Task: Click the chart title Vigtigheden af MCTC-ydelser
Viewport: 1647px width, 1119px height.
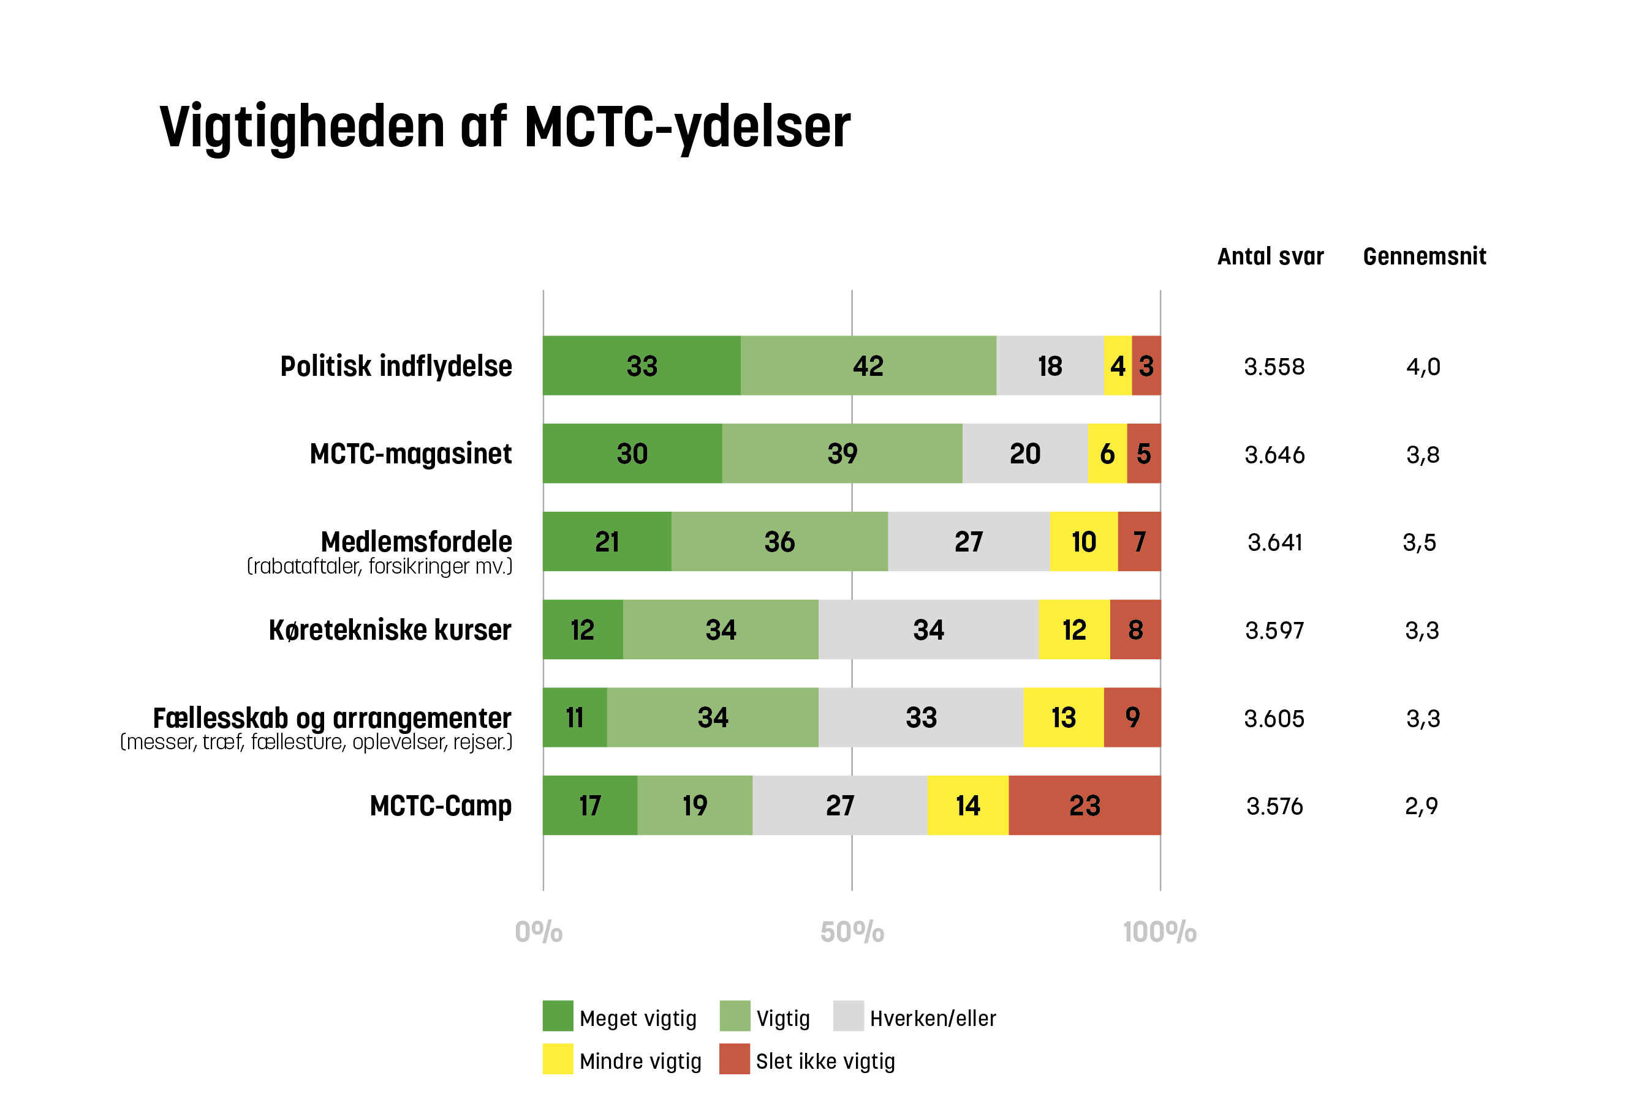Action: click(x=505, y=127)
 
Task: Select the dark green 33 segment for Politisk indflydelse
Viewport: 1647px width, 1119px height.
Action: click(x=642, y=366)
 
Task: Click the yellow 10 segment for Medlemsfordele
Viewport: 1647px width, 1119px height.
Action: click(x=1083, y=542)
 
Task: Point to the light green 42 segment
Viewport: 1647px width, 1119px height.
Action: click(x=868, y=366)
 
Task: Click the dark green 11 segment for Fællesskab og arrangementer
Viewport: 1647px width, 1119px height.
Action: click(x=575, y=718)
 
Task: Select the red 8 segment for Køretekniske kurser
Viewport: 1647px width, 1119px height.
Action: click(x=1135, y=630)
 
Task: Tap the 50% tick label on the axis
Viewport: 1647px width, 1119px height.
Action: click(x=852, y=933)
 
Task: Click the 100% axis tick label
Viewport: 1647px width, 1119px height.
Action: click(x=1159, y=933)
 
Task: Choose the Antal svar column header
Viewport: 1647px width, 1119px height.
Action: click(x=1270, y=256)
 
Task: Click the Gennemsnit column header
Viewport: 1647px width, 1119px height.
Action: click(x=1425, y=256)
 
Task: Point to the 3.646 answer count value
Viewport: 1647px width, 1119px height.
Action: click(x=1274, y=455)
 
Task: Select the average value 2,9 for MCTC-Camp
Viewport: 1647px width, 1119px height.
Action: click(x=1422, y=806)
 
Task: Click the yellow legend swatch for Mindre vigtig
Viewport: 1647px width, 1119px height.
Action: click(x=558, y=1060)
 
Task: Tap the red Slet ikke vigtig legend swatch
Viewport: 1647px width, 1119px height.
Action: click(x=734, y=1060)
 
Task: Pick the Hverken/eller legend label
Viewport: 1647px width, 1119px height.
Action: click(x=933, y=1019)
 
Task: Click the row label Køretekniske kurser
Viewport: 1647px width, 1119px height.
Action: click(x=390, y=630)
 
